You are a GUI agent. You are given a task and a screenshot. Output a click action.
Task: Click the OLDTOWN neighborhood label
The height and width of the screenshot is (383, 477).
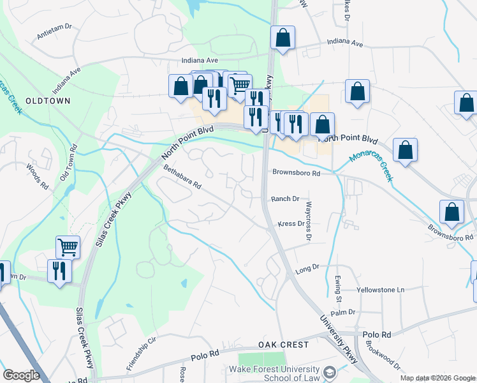47,101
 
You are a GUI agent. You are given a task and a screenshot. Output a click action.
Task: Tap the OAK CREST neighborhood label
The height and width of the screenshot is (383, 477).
283,345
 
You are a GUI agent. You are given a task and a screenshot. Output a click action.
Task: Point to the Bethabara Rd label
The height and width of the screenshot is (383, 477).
182,177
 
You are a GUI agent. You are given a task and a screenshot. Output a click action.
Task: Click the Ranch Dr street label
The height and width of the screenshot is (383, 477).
285,199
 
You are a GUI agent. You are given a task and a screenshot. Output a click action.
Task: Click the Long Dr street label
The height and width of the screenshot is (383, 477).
307,271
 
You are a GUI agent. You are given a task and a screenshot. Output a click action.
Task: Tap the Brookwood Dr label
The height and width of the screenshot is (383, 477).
383,358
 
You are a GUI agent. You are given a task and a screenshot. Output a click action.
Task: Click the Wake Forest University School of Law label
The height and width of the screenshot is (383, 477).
283,374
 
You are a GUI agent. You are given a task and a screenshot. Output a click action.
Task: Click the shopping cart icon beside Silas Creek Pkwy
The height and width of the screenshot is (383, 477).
68,246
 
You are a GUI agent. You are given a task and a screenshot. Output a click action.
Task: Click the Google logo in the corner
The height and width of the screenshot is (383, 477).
21,375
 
